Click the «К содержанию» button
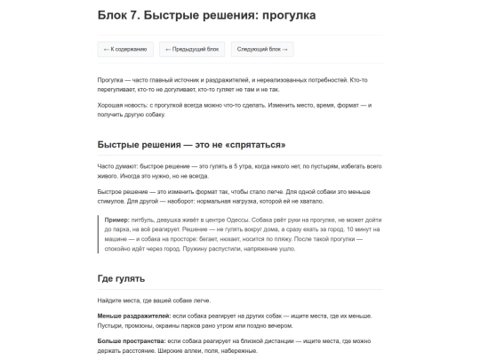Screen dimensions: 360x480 point(125,49)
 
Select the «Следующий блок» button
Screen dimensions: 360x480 point(262,49)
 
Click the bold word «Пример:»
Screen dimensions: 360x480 point(116,218)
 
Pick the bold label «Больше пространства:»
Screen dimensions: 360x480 point(131,340)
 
